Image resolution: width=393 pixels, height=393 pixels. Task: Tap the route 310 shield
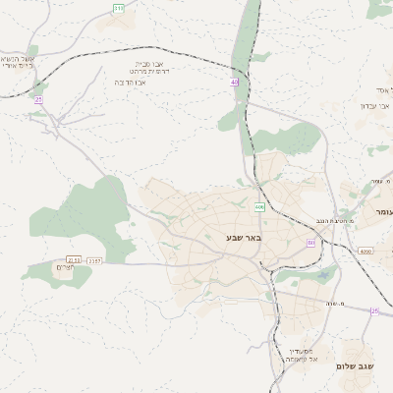119,9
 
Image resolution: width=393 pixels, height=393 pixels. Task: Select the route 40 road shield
235,83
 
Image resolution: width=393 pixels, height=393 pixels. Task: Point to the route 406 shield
258,207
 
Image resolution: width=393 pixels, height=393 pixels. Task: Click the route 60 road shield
311,243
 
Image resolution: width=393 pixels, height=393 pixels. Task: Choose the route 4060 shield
365,252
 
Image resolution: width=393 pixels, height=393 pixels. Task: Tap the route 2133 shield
74,260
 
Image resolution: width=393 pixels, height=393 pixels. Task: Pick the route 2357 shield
94,260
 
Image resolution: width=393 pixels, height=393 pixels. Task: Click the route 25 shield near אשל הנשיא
38,99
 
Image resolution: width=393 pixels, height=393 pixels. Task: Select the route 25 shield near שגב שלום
374,310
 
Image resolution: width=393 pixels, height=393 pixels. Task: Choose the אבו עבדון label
374,105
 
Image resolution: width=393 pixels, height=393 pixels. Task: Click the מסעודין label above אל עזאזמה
302,351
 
